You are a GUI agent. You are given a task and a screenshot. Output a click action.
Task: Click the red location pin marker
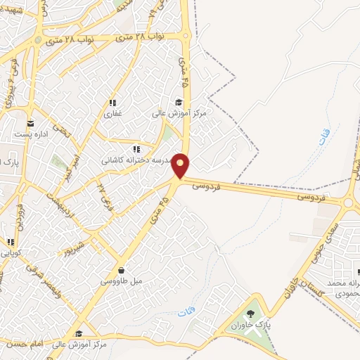coord(181,166)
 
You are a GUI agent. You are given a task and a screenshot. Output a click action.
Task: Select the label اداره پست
coord(33,134)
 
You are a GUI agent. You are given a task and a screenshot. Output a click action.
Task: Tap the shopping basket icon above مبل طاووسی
coord(122,269)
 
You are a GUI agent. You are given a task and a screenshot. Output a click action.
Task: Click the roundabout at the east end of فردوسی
coord(350,202)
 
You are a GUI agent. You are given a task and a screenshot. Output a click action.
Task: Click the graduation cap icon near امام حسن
coord(79,333)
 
